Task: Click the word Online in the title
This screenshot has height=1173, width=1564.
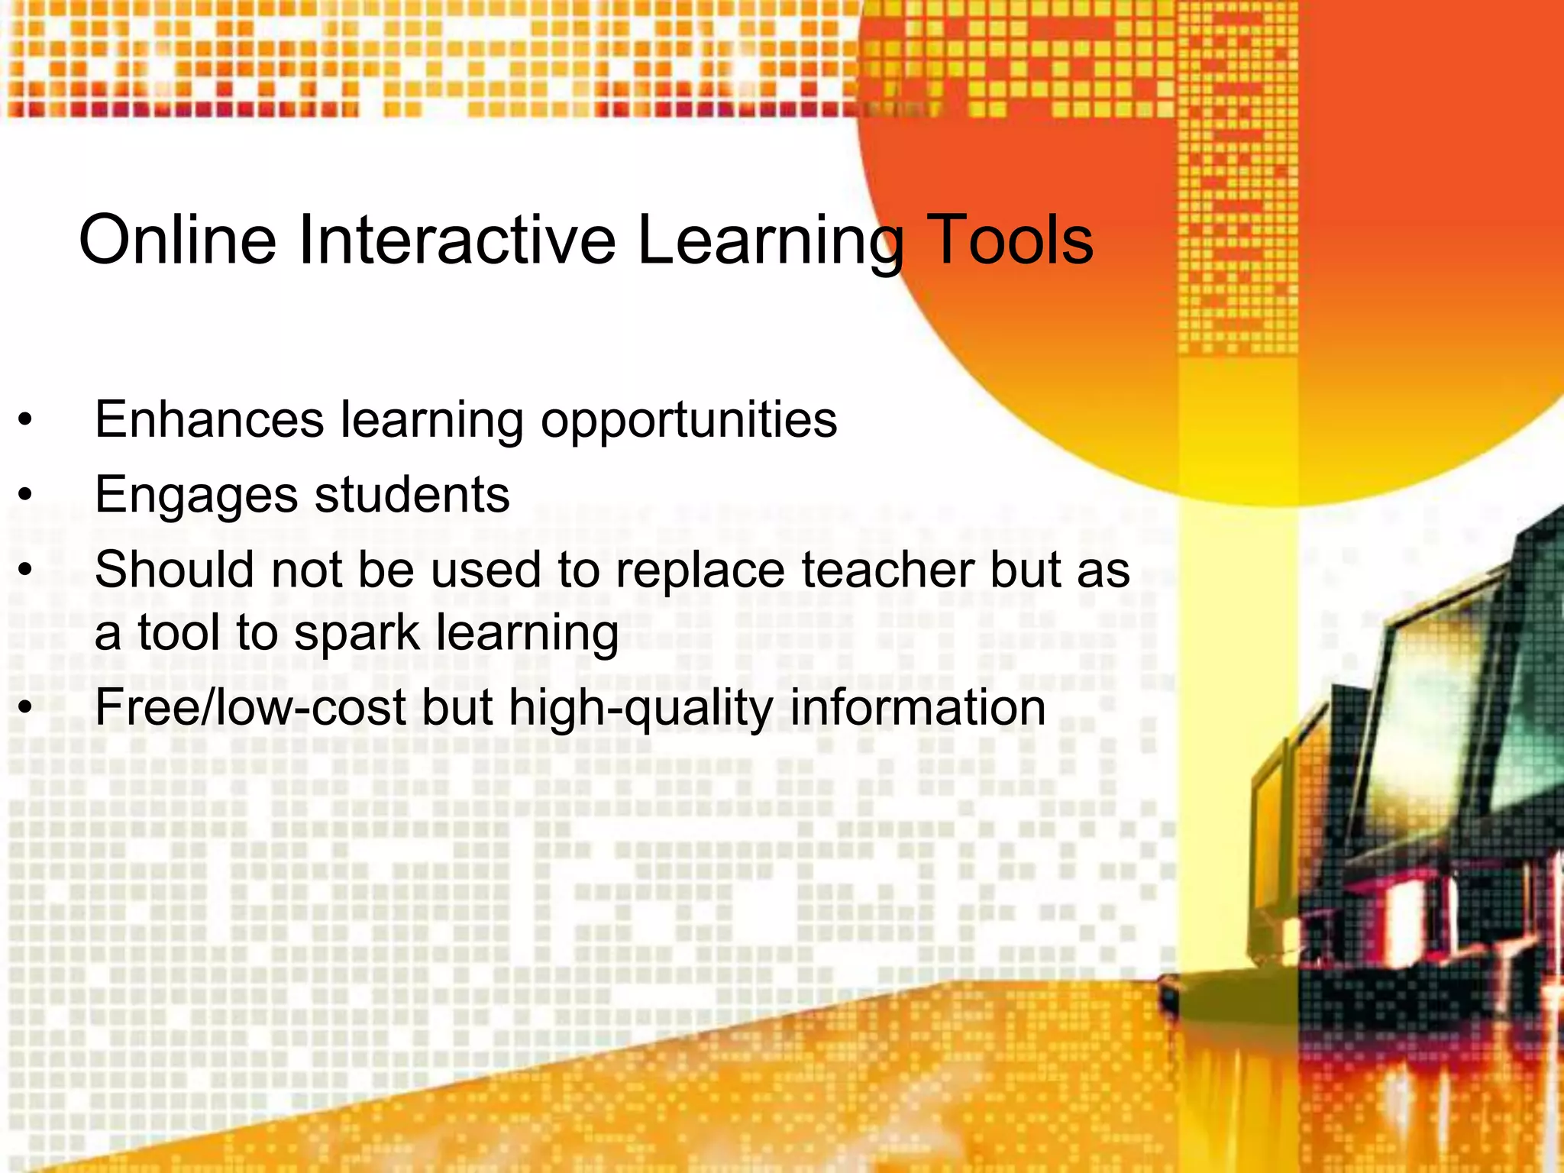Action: pos(177,240)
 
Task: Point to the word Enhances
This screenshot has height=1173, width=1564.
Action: pos(209,419)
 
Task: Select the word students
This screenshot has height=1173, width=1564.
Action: pos(412,494)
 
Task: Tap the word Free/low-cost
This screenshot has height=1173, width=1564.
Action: pos(250,707)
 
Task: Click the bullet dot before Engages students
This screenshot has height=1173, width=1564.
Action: pos(26,495)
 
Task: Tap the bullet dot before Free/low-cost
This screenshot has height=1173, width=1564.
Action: pos(26,708)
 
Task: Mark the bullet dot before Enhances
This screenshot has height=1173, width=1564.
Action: pos(26,419)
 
